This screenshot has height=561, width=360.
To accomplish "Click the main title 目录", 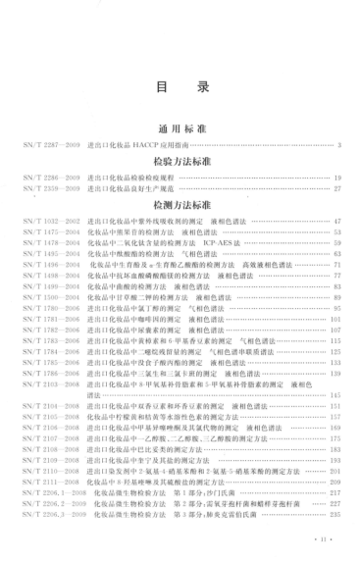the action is [181, 87].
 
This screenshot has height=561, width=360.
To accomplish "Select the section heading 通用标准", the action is [181, 128].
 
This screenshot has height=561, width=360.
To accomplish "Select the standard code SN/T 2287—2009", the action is [48, 145].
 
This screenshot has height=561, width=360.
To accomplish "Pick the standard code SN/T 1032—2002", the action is [48, 224].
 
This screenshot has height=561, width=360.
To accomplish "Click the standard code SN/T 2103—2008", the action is [48, 383].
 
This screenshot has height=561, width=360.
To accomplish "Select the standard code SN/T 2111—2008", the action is [48, 483].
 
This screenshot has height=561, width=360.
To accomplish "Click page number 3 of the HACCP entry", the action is [338, 145].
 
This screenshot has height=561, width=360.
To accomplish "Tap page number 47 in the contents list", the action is [336, 224].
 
